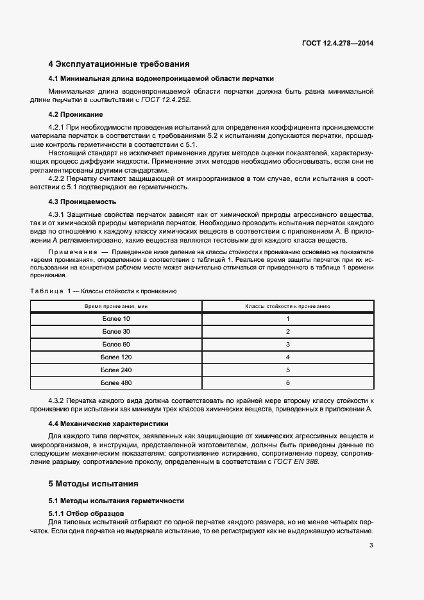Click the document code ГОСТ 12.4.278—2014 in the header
[x=337, y=44]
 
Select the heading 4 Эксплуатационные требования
[x=119, y=64]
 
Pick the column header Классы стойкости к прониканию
[x=287, y=307]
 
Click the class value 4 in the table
[x=288, y=357]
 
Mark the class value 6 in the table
[x=288, y=382]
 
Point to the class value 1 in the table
[x=288, y=319]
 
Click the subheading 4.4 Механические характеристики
[x=108, y=424]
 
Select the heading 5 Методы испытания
[x=93, y=483]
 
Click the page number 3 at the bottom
[x=371, y=545]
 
